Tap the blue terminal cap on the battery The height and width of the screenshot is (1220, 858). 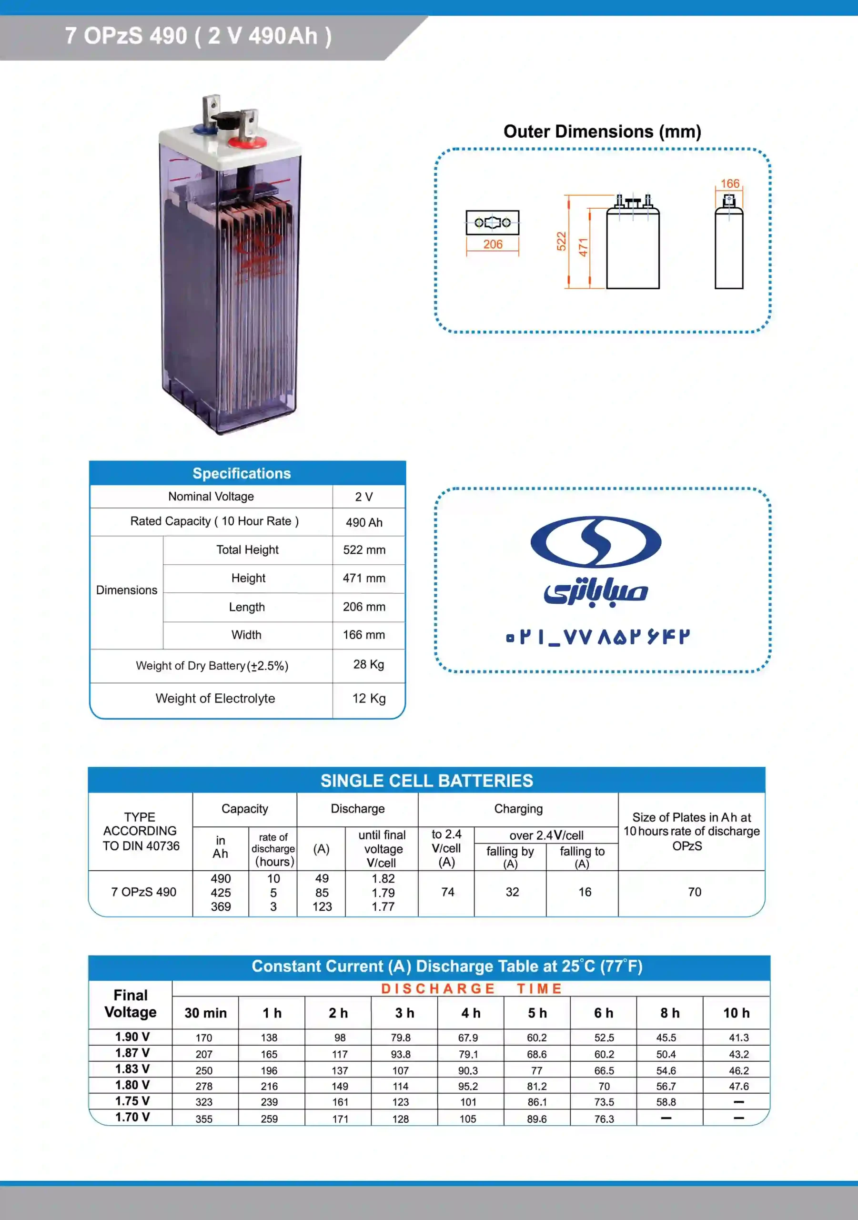(203, 129)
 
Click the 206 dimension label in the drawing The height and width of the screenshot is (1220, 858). (493, 244)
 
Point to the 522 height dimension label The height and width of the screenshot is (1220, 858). (562, 241)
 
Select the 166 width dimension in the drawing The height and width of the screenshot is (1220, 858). (729, 184)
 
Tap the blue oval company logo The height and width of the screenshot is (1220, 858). (596, 541)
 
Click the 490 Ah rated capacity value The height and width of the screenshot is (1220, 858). (364, 522)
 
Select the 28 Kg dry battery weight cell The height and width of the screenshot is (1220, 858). (368, 664)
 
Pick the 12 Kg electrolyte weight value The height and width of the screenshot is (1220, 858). (369, 698)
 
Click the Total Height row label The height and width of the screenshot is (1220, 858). (247, 550)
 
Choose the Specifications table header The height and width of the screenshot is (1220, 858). (242, 473)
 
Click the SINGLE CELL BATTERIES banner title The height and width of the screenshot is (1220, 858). (426, 781)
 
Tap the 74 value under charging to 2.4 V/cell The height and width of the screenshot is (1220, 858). (447, 892)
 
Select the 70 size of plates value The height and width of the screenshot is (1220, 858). (695, 892)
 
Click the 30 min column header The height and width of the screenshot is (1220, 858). (206, 1013)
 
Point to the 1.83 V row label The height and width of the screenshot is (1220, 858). (132, 1069)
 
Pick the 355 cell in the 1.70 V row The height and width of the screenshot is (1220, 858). (204, 1119)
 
